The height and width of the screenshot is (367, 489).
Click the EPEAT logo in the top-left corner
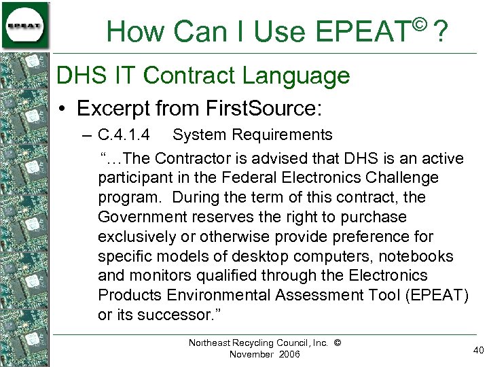coord(25,25)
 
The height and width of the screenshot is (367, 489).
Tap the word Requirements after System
coord(280,135)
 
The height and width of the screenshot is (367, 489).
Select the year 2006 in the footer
coord(288,355)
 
